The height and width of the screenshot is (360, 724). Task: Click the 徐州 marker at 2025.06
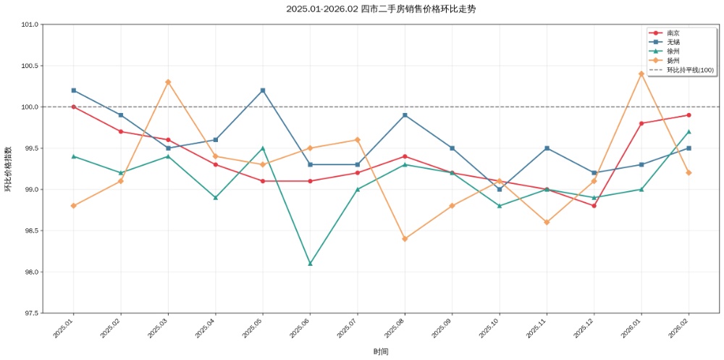[x=310, y=264]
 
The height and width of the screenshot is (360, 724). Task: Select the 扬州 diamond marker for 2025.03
[x=168, y=82]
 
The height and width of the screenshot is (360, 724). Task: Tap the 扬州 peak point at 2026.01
[x=641, y=74]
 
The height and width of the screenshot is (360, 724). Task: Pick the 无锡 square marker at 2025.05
[x=263, y=91]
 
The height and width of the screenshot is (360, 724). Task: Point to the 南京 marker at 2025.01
[x=73, y=106]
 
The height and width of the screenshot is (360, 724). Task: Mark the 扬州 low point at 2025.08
[x=405, y=238]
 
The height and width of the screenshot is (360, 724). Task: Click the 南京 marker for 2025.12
[x=594, y=206]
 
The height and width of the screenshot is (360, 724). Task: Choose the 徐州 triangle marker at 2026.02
[x=689, y=132]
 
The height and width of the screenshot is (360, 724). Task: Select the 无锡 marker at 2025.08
[x=405, y=115]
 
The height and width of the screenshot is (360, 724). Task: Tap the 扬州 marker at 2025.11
[x=547, y=222]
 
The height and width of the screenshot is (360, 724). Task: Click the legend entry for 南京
[x=673, y=33]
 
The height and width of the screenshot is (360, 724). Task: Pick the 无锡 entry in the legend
[x=673, y=43]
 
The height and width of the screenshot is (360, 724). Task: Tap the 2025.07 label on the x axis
[x=349, y=327]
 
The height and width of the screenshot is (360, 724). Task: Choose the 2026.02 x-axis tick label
[x=681, y=327]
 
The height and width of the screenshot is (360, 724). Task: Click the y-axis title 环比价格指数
[x=8, y=169]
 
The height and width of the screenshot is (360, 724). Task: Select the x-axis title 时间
[x=381, y=352]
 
